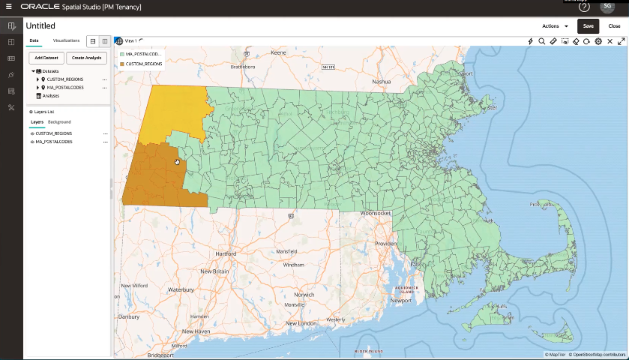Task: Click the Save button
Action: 588,25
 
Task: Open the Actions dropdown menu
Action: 555,25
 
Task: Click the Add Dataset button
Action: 46,57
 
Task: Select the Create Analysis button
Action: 86,57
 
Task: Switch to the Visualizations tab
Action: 66,40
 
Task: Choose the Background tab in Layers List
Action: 59,121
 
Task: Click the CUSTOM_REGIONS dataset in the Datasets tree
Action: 65,79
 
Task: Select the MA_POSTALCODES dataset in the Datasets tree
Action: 66,87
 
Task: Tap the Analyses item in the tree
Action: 51,95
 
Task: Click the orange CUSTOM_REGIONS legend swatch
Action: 121,64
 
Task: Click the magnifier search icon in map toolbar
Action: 541,41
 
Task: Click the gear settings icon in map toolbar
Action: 598,41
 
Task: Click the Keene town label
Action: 279,53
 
